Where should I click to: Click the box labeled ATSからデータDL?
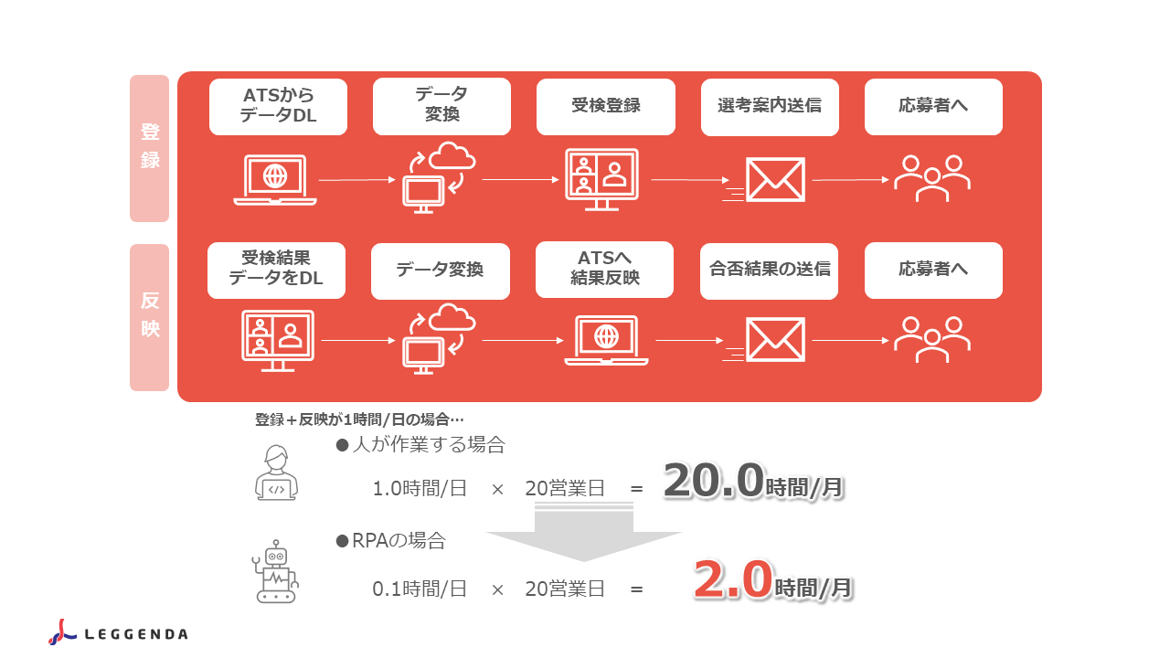pyautogui.click(x=278, y=107)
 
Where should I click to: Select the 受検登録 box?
pyautogui.click(x=606, y=107)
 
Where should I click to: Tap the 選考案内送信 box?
pyautogui.click(x=770, y=107)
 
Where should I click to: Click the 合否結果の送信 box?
pyautogui.click(x=770, y=271)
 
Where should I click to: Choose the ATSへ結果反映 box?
pyautogui.click(x=604, y=270)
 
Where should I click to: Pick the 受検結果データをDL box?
pyautogui.click(x=276, y=271)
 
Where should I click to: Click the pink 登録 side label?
pyautogui.click(x=149, y=148)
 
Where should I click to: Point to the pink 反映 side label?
pyautogui.click(x=149, y=317)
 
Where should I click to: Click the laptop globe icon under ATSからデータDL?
pyautogui.click(x=275, y=180)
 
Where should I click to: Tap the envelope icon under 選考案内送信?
pyautogui.click(x=764, y=180)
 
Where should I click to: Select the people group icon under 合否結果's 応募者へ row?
pyautogui.click(x=932, y=339)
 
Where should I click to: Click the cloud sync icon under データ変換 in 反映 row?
pyautogui.click(x=440, y=339)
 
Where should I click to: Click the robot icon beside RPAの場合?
pyautogui.click(x=275, y=572)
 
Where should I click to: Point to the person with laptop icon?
pyautogui.click(x=276, y=472)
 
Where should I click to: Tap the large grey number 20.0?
pyautogui.click(x=714, y=480)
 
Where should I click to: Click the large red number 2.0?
pyautogui.click(x=733, y=578)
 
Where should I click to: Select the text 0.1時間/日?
pyautogui.click(x=420, y=589)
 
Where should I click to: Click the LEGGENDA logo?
pyautogui.click(x=118, y=632)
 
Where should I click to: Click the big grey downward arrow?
pyautogui.click(x=584, y=532)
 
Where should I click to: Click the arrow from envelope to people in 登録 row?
pyautogui.click(x=851, y=180)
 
